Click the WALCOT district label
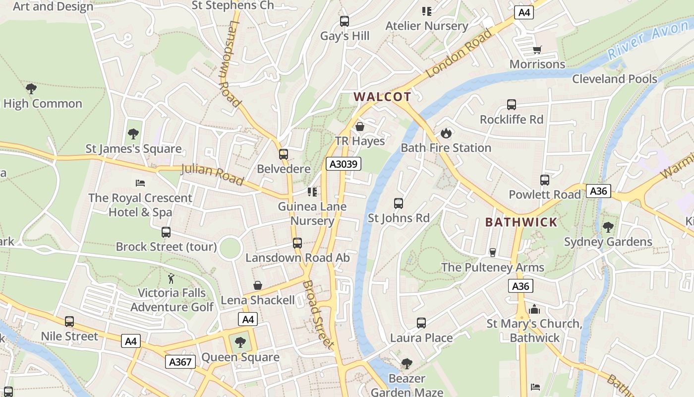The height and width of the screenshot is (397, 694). [x=383, y=97]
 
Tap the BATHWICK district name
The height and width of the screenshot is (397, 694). [x=521, y=222]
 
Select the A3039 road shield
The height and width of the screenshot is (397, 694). [x=343, y=164]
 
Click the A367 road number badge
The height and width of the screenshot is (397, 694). [x=180, y=362]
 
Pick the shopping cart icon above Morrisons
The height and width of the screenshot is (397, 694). [x=537, y=50]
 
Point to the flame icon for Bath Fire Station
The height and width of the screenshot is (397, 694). [x=446, y=133]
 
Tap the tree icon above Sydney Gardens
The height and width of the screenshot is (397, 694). [x=608, y=227]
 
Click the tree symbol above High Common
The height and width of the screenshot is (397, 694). [x=31, y=89]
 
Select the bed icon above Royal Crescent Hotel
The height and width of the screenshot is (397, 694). [x=140, y=183]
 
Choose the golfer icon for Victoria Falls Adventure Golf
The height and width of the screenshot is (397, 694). [x=172, y=278]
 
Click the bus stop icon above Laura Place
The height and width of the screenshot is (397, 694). [x=421, y=323]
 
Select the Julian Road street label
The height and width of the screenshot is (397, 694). [x=212, y=174]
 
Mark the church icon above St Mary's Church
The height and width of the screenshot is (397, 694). [x=534, y=309]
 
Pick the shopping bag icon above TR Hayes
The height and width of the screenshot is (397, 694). [x=360, y=127]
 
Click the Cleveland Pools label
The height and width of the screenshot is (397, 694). [x=615, y=79]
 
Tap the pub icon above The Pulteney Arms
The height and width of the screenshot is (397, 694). [x=492, y=253]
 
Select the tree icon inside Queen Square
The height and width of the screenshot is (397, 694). [x=240, y=342]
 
